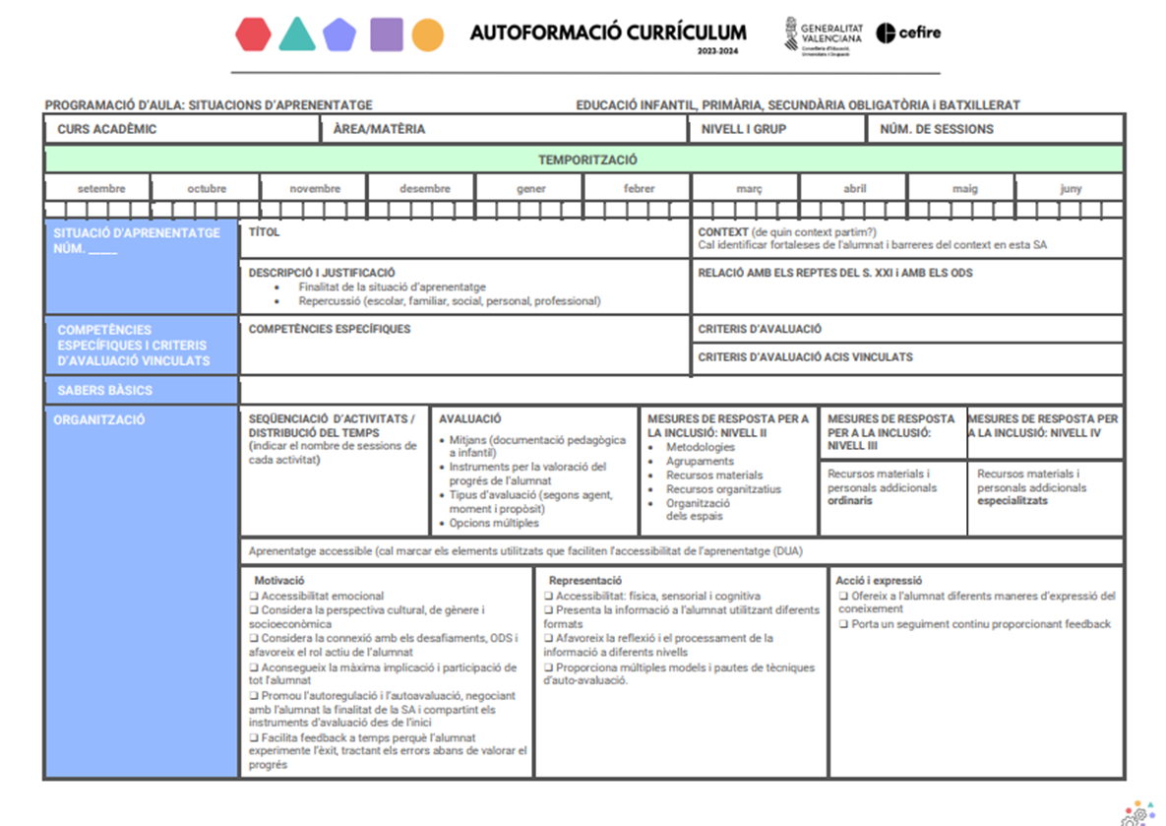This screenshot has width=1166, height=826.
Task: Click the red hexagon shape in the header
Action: (x=254, y=34)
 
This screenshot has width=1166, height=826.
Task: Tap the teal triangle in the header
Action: (x=296, y=34)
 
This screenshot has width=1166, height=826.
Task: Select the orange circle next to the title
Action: (x=427, y=34)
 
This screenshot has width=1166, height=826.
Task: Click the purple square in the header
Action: (x=386, y=34)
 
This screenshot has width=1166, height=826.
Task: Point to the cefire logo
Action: (x=908, y=32)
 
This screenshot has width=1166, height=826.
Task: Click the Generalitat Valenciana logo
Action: (x=823, y=35)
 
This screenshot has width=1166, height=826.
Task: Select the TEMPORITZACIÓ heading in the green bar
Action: (x=587, y=159)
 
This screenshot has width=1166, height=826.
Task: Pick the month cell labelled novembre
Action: (x=315, y=189)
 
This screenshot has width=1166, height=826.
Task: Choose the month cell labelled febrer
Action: (x=639, y=189)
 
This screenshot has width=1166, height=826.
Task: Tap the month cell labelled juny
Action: (x=1071, y=189)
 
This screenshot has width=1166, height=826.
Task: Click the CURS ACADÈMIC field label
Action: (x=107, y=129)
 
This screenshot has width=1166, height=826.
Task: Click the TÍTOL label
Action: (x=265, y=232)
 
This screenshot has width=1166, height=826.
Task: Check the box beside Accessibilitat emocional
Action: (x=254, y=596)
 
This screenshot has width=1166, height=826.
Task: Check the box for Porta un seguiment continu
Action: (x=843, y=624)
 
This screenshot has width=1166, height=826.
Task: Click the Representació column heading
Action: (x=585, y=581)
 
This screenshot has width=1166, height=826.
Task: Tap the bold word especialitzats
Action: (x=1013, y=501)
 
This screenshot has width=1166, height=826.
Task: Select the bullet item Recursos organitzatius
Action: (x=723, y=489)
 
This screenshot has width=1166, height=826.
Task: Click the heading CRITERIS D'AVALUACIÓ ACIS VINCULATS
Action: (x=805, y=357)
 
